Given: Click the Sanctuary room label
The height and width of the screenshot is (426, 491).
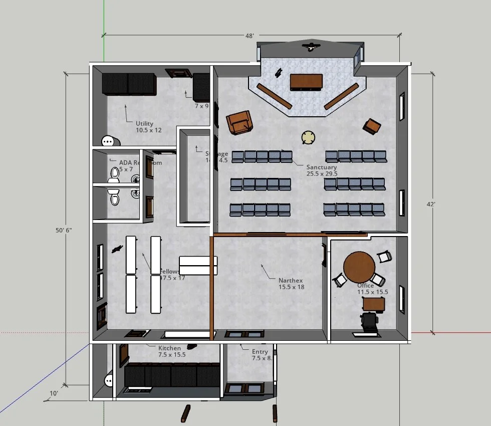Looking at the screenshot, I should (322, 170).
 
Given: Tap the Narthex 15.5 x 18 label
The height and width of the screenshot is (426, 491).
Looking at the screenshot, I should (291, 284).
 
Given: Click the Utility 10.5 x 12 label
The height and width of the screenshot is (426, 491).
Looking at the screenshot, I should (149, 127).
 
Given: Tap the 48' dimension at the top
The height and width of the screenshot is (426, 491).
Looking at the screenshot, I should (250, 36).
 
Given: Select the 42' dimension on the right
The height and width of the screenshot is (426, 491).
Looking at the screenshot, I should (431, 204).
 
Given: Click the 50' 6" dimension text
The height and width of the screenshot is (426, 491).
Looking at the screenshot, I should (64, 230).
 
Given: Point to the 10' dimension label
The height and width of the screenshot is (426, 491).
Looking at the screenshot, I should (54, 393).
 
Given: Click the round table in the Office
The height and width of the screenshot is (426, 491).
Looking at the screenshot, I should (359, 268).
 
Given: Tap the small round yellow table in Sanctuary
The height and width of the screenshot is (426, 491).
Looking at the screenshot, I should (308, 137).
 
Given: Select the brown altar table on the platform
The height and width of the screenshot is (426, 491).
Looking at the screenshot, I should (306, 82).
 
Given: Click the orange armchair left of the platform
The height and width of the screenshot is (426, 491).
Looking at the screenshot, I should (239, 122).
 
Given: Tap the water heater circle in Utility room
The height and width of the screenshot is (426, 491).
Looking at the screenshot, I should (109, 141).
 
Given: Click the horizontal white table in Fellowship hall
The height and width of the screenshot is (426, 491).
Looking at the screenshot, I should (198, 265).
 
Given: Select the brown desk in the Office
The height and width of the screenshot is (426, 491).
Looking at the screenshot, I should (374, 304).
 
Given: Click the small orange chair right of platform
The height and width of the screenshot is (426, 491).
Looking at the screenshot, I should (372, 126).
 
